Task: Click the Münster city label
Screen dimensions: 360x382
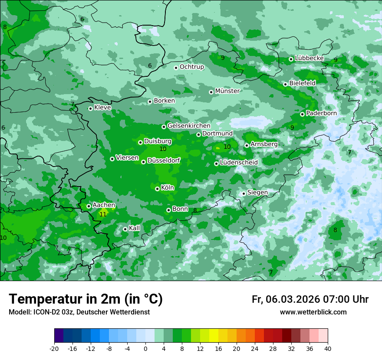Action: coord(227,91)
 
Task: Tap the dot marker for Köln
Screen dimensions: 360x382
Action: coord(157,189)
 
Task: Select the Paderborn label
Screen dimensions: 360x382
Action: coord(321,113)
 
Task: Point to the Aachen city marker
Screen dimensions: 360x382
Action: coord(89,206)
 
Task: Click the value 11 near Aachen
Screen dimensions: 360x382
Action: coord(103,214)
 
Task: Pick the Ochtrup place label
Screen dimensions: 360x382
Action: coord(191,67)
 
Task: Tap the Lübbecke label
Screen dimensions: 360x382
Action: coord(309,58)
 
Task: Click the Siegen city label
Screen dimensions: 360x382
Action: coord(257,193)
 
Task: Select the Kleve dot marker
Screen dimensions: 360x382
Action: coord(90,108)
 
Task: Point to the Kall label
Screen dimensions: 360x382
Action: coord(134,228)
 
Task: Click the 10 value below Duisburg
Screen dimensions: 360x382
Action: coord(163,149)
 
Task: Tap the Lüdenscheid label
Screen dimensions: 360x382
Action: coord(239,163)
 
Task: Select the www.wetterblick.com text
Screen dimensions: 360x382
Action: coord(313,312)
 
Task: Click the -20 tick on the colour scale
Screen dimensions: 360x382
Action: coord(54,349)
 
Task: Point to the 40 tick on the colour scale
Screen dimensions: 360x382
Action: coord(328,349)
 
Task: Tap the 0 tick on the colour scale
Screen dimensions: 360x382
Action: coord(145,349)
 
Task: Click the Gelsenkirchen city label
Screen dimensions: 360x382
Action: coord(189,126)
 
